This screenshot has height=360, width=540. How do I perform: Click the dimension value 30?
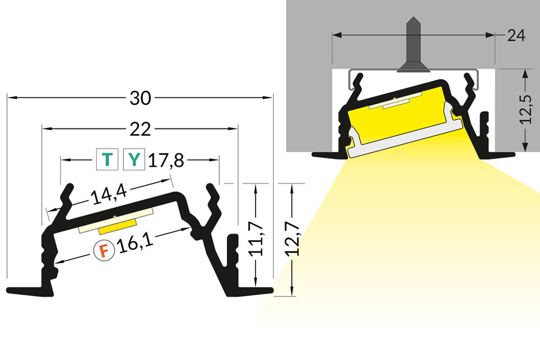pos(139,98)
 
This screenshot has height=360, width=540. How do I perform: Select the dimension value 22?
pos(139,129)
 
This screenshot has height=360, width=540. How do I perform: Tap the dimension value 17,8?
pos(167,160)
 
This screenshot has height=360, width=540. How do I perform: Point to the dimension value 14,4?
pos(106,196)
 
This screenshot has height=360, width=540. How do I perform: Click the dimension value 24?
pos(516,36)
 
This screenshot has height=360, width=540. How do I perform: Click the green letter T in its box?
pos(107,160)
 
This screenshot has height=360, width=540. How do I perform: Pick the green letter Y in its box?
pos(134,160)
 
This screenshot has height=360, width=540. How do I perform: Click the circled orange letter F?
pos(103,250)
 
